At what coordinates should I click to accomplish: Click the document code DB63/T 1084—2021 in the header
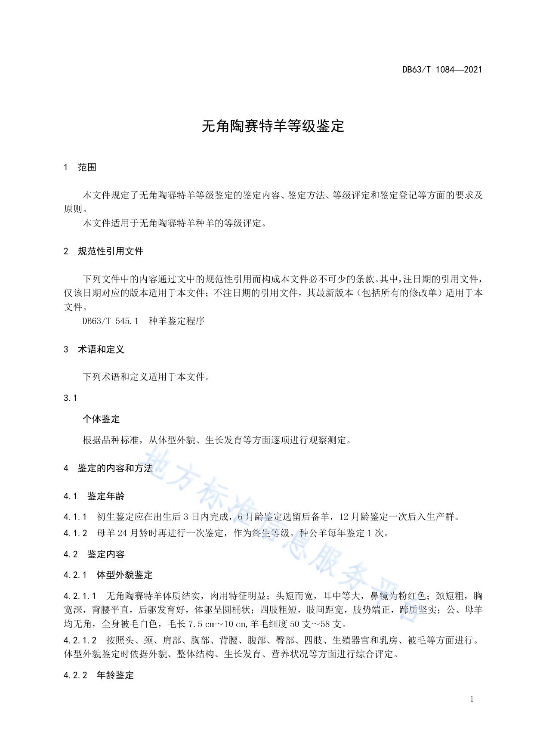pyautogui.click(x=442, y=69)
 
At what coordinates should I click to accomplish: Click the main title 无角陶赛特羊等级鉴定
pyautogui.click(x=273, y=126)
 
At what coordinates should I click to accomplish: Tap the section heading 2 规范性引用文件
pyautogui.click(x=103, y=251)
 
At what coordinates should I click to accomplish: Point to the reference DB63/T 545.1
pyautogui.click(x=110, y=321)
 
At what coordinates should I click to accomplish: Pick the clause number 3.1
pyautogui.click(x=70, y=398)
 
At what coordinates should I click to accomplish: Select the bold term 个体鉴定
pyautogui.click(x=101, y=419)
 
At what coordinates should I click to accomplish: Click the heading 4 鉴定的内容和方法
pyautogui.click(x=108, y=468)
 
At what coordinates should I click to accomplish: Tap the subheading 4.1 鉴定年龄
pyautogui.click(x=94, y=496)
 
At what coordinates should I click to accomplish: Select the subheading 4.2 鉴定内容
pyautogui.click(x=94, y=554)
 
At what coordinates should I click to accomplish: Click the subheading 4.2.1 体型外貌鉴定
pyautogui.click(x=108, y=575)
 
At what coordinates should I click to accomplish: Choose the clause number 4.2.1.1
pyautogui.click(x=80, y=596)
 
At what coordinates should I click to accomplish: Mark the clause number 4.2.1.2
pyautogui.click(x=80, y=640)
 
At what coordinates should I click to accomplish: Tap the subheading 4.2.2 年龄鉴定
pyautogui.click(x=99, y=675)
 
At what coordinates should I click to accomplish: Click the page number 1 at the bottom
pyautogui.click(x=472, y=699)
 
